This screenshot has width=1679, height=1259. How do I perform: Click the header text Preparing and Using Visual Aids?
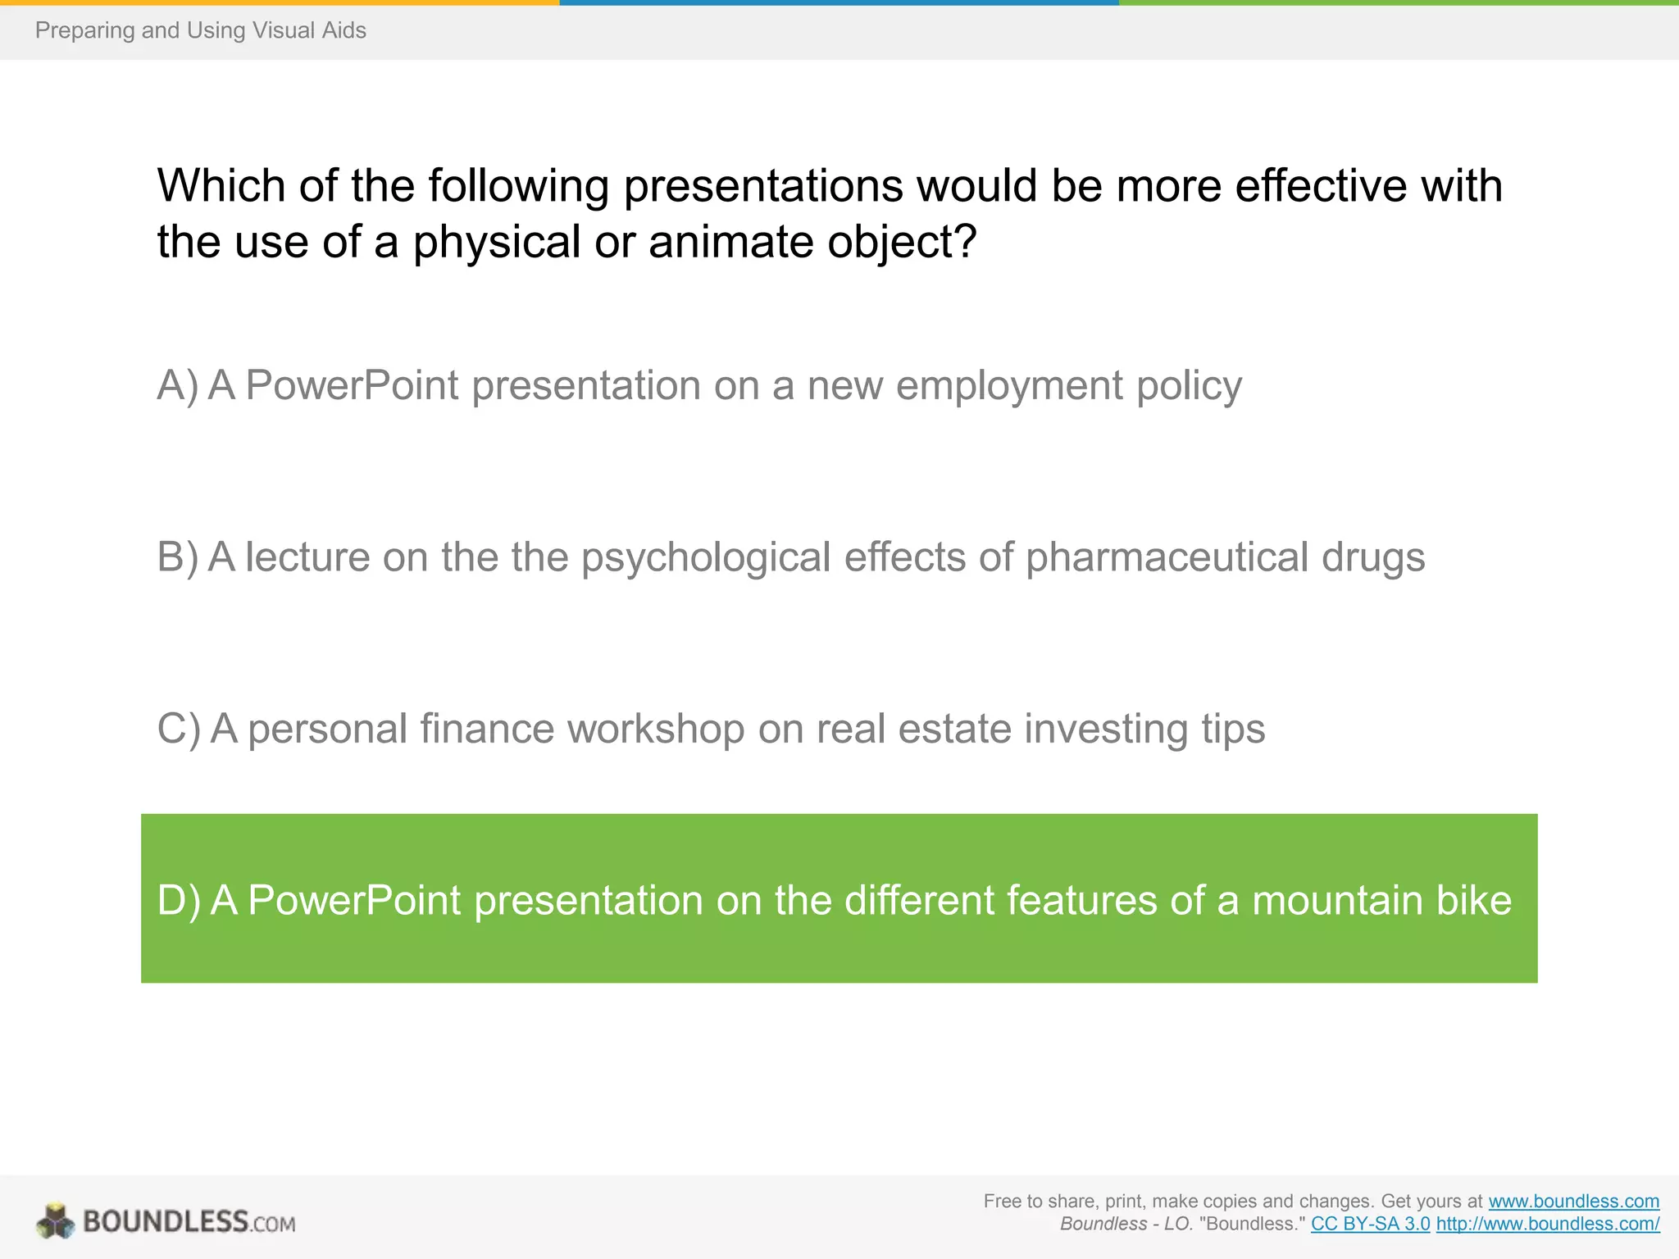[x=200, y=30]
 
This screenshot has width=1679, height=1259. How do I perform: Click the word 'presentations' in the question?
[x=762, y=185]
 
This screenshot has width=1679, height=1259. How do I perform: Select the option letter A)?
[x=177, y=385]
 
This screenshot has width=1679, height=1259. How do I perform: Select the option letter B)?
[x=177, y=557]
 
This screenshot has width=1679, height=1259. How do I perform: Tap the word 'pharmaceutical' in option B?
[x=1167, y=557]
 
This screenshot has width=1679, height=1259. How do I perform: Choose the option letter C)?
[x=178, y=729]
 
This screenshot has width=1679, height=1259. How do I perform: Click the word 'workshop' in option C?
[x=655, y=729]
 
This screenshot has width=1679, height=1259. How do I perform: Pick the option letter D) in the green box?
[x=178, y=900]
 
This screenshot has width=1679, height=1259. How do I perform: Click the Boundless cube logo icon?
[x=55, y=1221]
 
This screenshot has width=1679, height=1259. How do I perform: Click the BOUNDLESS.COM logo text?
[x=189, y=1222]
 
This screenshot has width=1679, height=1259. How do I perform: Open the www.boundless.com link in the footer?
[x=1573, y=1202]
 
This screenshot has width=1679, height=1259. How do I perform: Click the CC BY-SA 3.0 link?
[x=1370, y=1225]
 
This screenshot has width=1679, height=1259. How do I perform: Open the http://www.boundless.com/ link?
[x=1547, y=1225]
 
